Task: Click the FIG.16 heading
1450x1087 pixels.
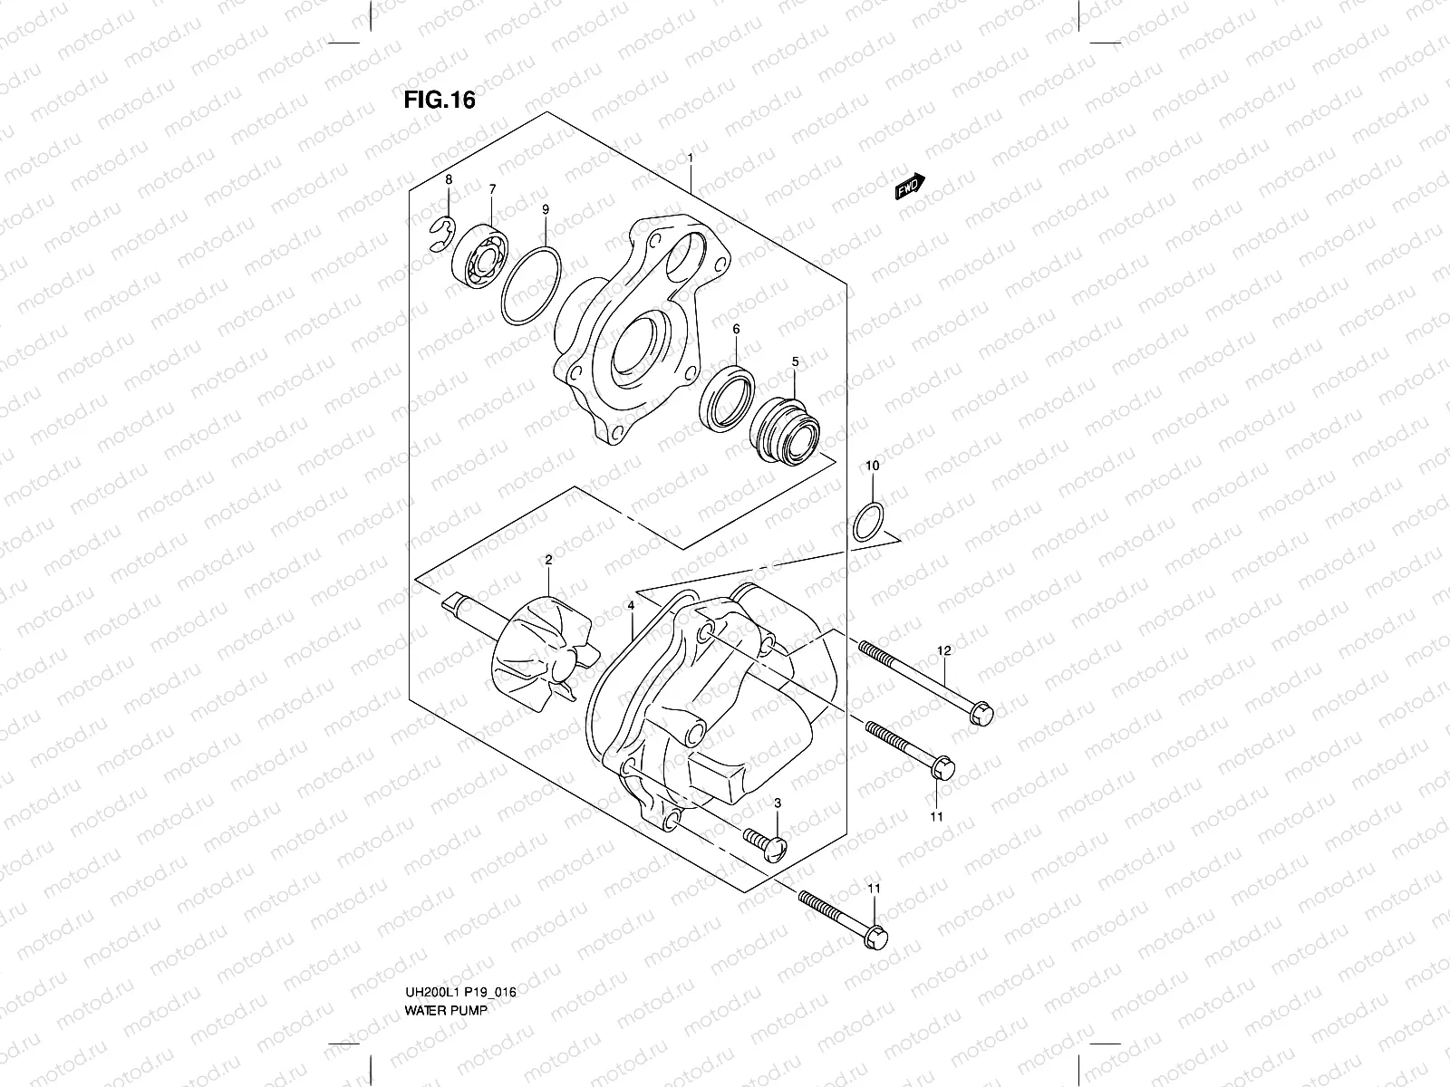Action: (439, 100)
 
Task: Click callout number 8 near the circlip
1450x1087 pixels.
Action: (447, 181)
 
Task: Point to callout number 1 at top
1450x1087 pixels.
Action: (691, 158)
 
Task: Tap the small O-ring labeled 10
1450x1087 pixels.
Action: (868, 522)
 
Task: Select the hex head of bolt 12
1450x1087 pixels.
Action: (981, 713)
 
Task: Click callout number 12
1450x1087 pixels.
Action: (943, 650)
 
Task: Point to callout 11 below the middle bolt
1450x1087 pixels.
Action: (936, 816)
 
